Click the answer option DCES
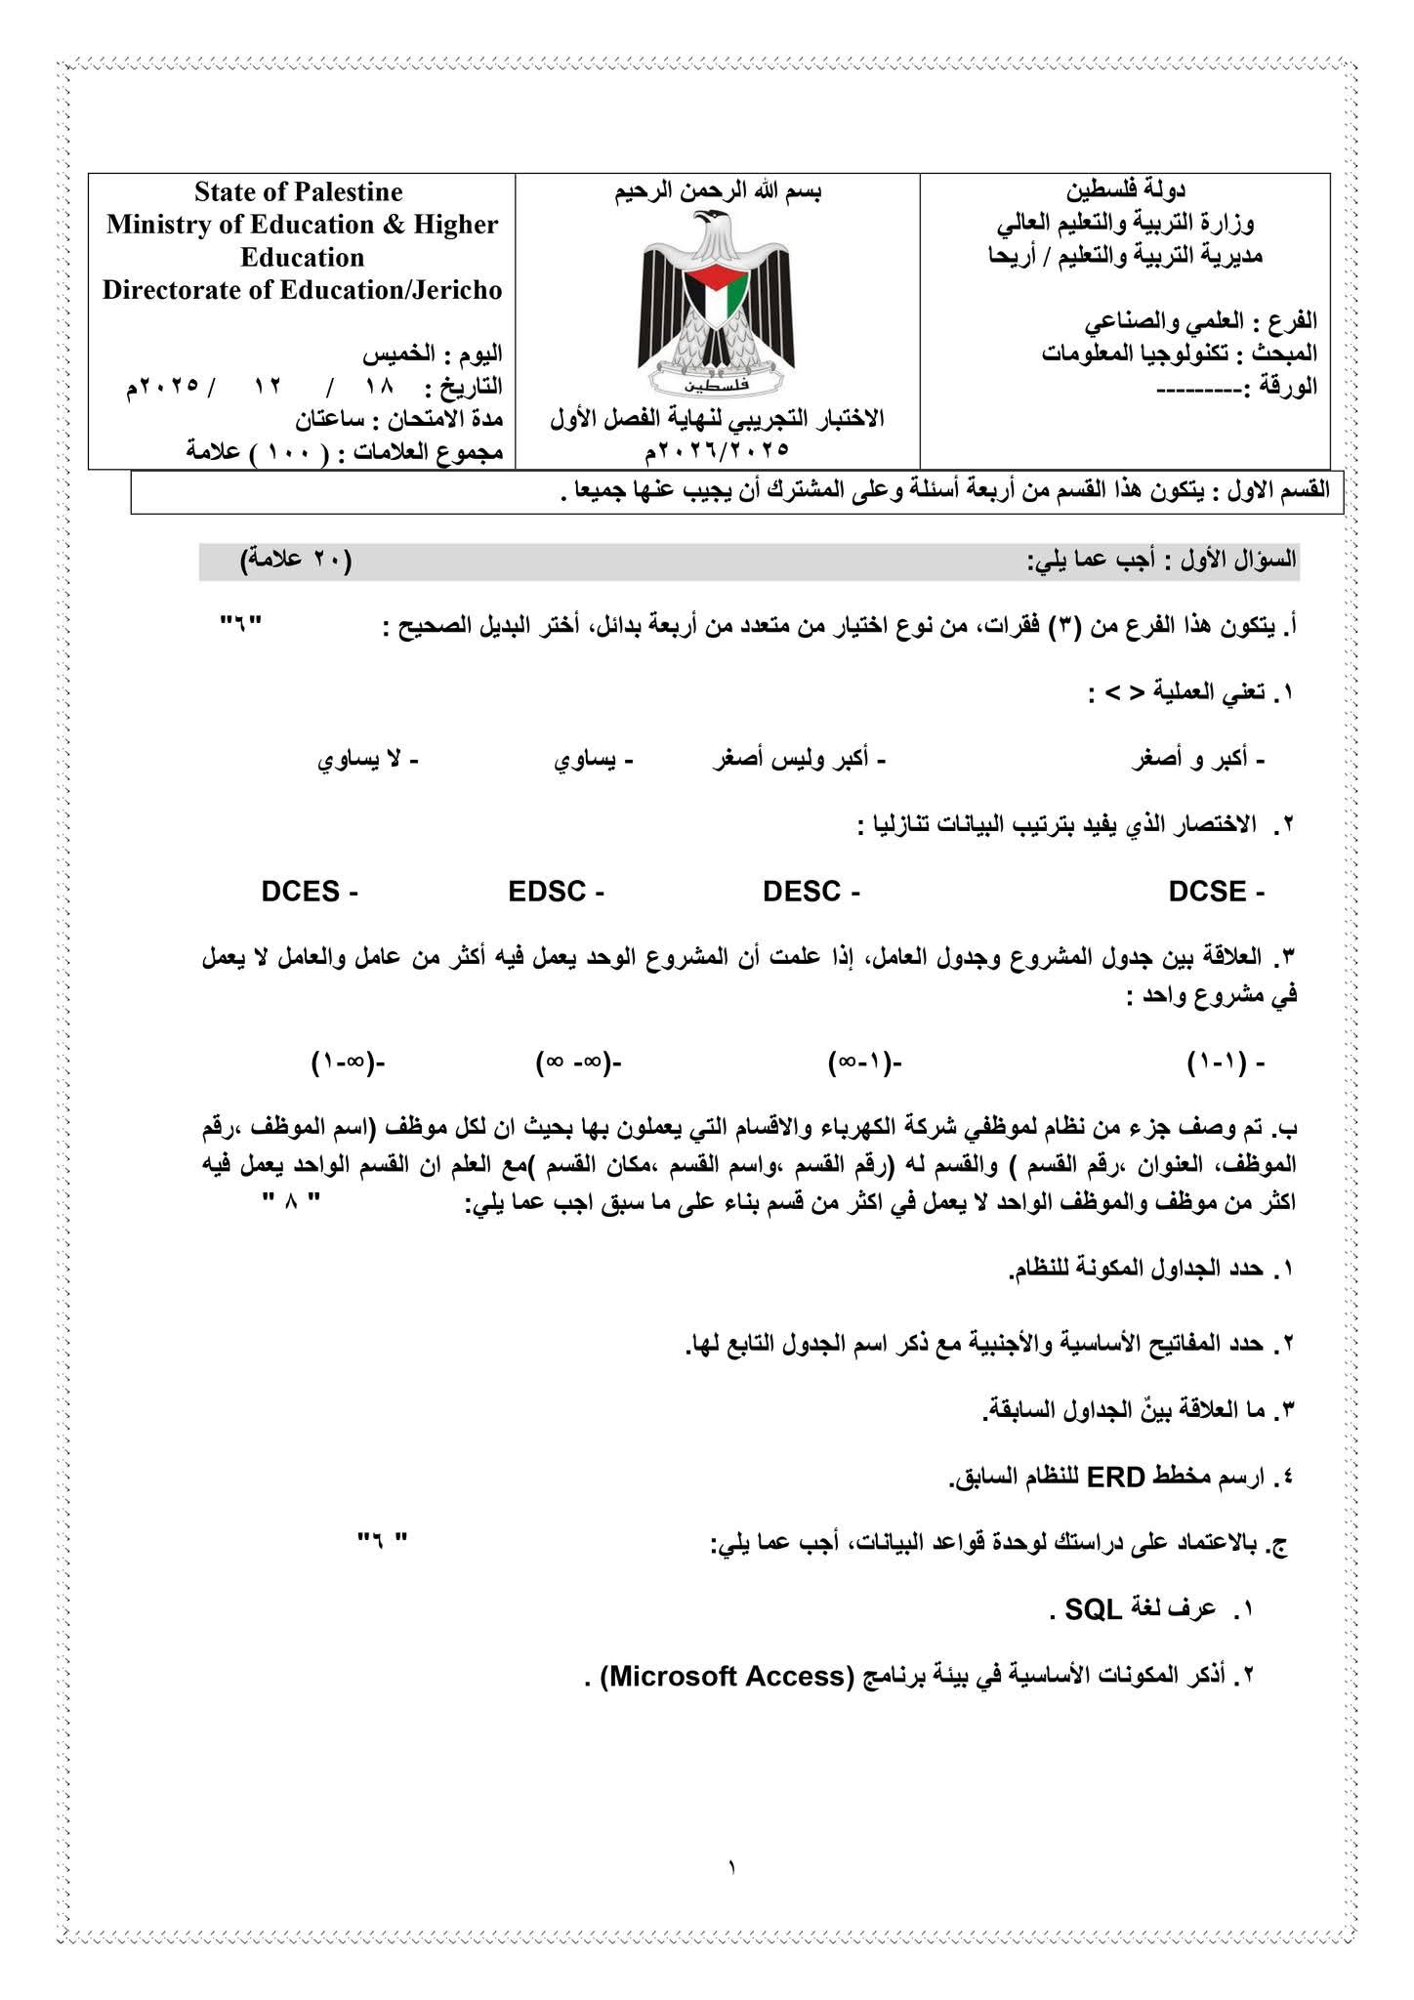(x=301, y=892)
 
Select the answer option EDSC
(x=547, y=892)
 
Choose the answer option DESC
(x=802, y=892)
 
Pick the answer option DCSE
(x=1207, y=892)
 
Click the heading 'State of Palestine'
(x=298, y=191)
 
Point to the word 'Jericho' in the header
(x=456, y=290)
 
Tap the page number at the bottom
(x=730, y=1868)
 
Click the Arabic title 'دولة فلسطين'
(x=1126, y=188)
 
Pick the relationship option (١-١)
(x=1215, y=1062)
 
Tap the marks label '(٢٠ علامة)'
(x=296, y=560)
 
